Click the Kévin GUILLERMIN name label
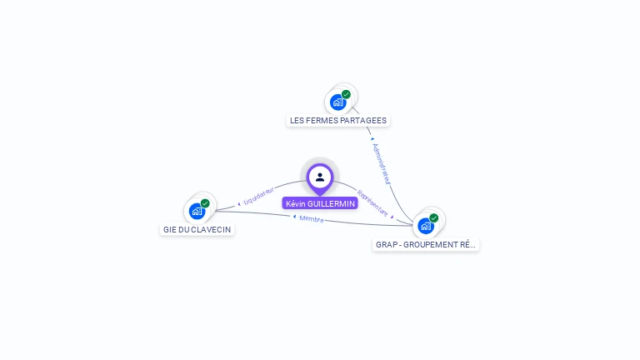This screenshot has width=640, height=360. tap(320, 203)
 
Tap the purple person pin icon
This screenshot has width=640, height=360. tap(320, 177)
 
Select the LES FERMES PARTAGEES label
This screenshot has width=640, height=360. tap(337, 120)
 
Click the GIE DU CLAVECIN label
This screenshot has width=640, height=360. tap(197, 229)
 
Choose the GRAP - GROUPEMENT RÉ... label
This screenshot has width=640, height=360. tap(426, 245)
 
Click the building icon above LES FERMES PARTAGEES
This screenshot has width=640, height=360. tap(337, 102)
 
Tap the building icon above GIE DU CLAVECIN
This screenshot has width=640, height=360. tap(197, 211)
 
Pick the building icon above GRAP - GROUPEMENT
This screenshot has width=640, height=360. tap(426, 225)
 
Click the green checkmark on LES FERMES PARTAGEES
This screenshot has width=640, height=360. tap(347, 94)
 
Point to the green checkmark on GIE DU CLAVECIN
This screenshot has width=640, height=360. tap(205, 203)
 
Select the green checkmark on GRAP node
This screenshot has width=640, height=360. tap(434, 217)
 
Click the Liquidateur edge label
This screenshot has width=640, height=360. tap(259, 196)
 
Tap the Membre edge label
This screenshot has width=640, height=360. tap(312, 218)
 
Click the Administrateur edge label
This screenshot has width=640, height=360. tap(382, 162)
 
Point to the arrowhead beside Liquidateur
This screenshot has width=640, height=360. tap(239, 202)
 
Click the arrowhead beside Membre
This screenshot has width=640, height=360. tap(294, 217)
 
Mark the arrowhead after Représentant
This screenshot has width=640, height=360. tap(392, 217)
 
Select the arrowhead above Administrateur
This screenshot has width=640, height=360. tap(372, 139)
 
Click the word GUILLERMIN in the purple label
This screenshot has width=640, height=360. tap(332, 203)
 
